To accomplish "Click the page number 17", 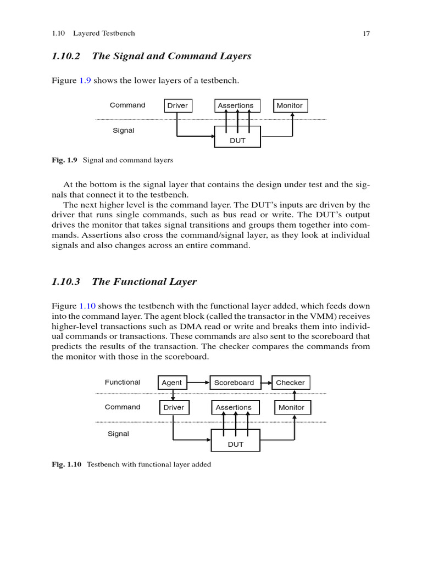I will point(367,33).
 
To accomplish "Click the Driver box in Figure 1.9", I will point(177,105).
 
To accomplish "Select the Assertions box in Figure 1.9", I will point(236,105).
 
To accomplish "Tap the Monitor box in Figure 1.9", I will point(290,105).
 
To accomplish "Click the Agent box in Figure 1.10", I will point(172,383).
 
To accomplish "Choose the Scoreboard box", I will point(234,383).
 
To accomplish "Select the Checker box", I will point(290,383).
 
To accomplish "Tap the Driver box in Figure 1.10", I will point(174,408).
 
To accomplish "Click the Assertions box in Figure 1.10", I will point(234,408).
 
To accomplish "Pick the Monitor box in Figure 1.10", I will point(291,408).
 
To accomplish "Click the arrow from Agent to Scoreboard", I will point(198,383).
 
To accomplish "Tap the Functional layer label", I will point(123,382).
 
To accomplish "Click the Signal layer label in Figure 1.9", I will point(124,131).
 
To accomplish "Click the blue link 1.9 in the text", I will point(85,81).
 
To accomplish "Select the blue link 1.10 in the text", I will point(88,306).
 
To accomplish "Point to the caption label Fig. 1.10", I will point(66,464).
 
